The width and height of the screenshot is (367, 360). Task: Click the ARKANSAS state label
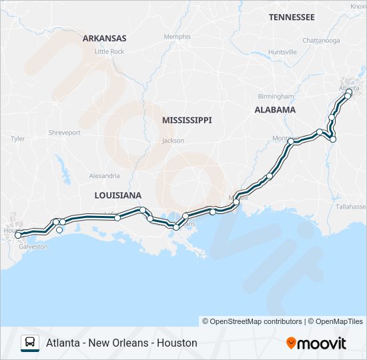[104, 39]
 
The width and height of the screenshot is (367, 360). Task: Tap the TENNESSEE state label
[292, 17]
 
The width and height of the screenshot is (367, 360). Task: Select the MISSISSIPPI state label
[187, 120]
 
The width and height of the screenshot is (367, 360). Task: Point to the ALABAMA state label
[275, 110]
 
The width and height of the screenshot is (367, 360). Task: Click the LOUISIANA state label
[118, 195]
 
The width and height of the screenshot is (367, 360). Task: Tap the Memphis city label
[177, 37]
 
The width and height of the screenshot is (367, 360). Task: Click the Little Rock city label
[109, 51]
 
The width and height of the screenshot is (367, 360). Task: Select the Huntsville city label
[282, 52]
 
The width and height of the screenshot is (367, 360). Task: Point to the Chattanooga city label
[321, 41]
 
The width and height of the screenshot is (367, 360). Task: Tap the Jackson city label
[173, 141]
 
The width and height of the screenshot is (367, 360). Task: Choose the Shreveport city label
[64, 133]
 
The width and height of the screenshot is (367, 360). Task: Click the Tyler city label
[17, 139]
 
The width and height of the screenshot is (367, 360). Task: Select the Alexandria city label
[105, 176]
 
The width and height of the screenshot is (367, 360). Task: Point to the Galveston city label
[34, 246]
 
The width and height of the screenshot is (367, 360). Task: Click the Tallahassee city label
[351, 207]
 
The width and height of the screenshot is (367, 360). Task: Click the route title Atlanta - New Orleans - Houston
[121, 343]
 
